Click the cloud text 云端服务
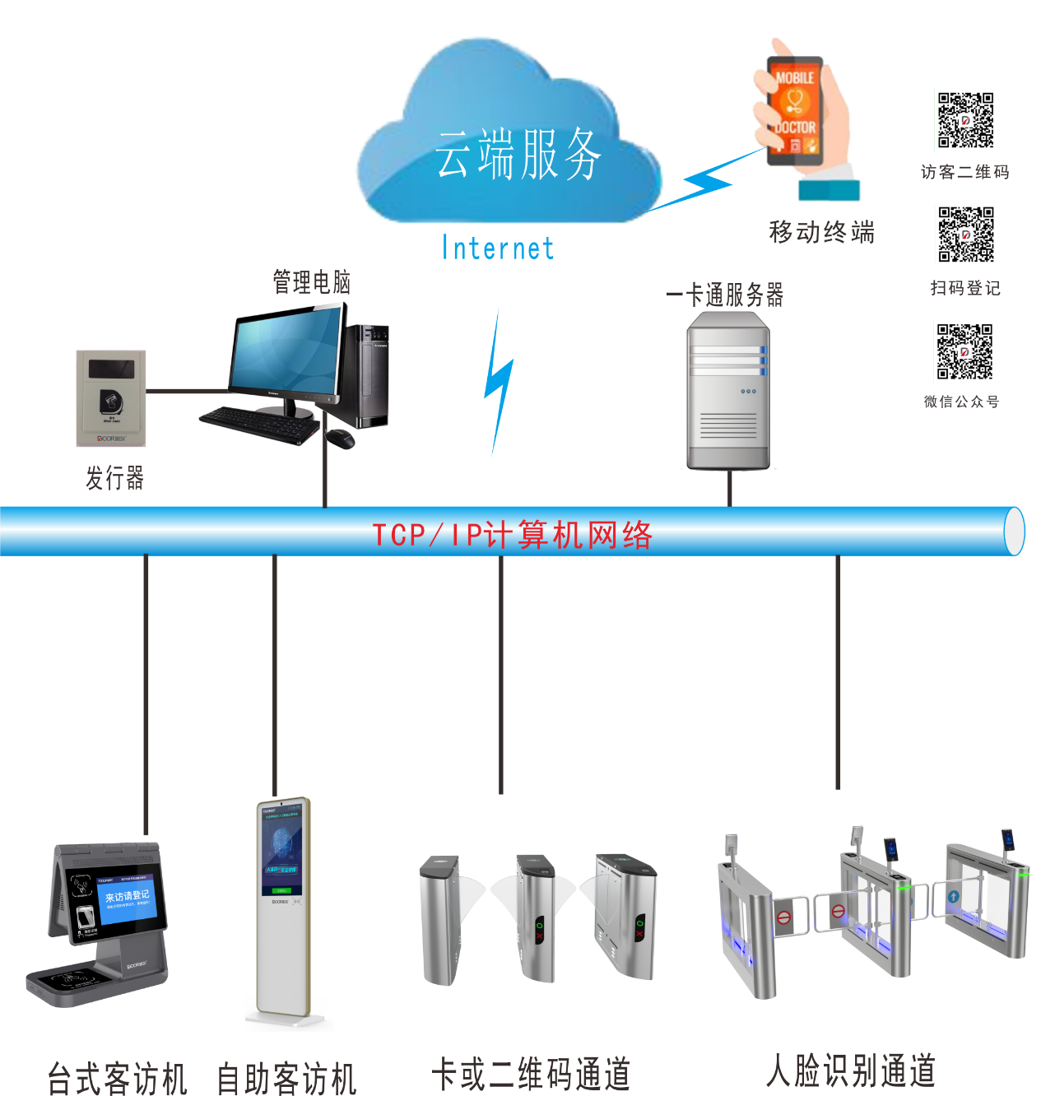[x=518, y=154]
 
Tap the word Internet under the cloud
[x=498, y=248]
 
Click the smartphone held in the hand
[x=795, y=110]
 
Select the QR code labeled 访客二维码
[x=965, y=120]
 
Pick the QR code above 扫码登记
[x=965, y=235]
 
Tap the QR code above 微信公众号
[x=964, y=352]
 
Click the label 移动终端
[x=821, y=232]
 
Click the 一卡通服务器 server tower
[x=728, y=392]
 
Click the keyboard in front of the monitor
[x=258, y=425]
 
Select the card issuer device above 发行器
[x=111, y=398]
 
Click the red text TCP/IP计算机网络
[x=512, y=535]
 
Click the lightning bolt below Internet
[x=497, y=383]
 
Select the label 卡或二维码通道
[x=531, y=1075]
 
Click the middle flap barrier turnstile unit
[x=536, y=917]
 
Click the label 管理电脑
[x=312, y=282]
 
